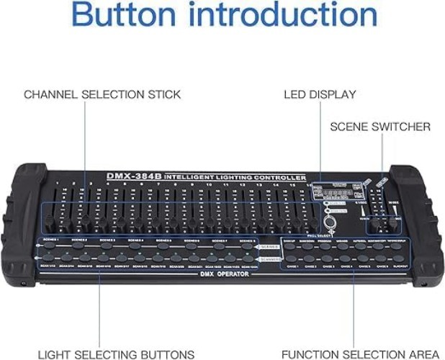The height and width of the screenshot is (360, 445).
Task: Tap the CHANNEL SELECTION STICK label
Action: pos(102,94)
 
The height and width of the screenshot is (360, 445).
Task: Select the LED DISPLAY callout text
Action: pos(320,94)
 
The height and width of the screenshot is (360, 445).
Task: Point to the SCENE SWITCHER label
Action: pos(380,127)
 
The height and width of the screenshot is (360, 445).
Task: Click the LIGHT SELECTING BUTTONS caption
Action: pos(116,354)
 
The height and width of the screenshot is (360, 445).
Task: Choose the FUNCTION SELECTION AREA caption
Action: pos(360,354)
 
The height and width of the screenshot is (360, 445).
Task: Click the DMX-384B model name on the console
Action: pos(134,176)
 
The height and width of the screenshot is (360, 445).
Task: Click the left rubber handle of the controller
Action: pos(28,226)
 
